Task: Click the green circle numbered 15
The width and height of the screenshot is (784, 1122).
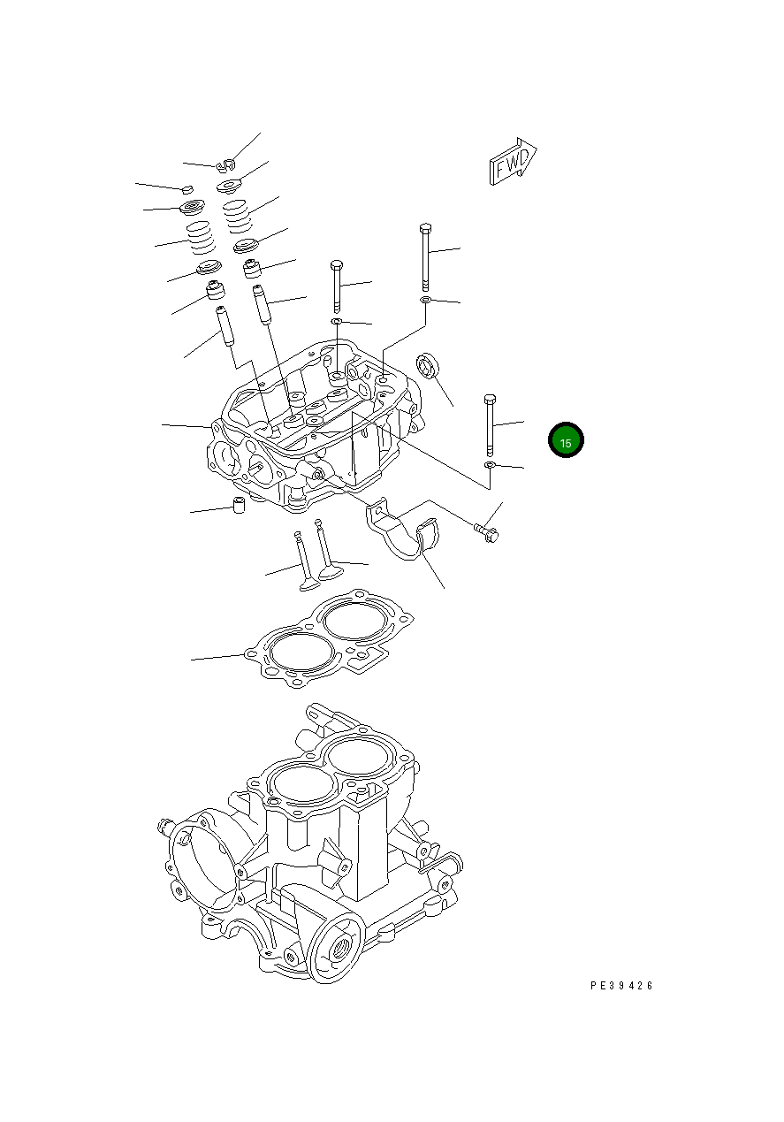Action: click(x=566, y=441)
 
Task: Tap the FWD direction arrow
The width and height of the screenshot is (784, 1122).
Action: click(x=514, y=162)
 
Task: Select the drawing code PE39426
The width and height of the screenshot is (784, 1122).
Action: click(x=622, y=986)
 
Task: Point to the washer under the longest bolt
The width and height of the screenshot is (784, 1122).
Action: click(x=426, y=301)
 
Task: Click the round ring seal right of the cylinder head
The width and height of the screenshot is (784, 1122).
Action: click(x=428, y=365)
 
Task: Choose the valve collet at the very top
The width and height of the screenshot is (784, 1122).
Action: click(x=226, y=164)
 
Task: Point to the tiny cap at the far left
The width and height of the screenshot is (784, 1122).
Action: click(x=186, y=188)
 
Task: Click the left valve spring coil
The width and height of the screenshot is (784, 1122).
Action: click(x=200, y=237)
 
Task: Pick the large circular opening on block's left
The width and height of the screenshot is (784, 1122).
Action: click(x=205, y=866)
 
